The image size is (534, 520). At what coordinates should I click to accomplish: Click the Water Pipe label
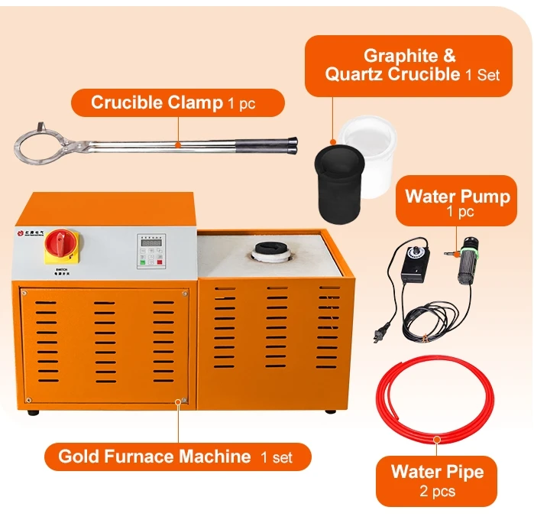(437, 479)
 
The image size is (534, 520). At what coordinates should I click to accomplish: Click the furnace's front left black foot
(32, 412)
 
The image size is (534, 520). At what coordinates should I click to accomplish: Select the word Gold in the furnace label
(76, 457)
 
